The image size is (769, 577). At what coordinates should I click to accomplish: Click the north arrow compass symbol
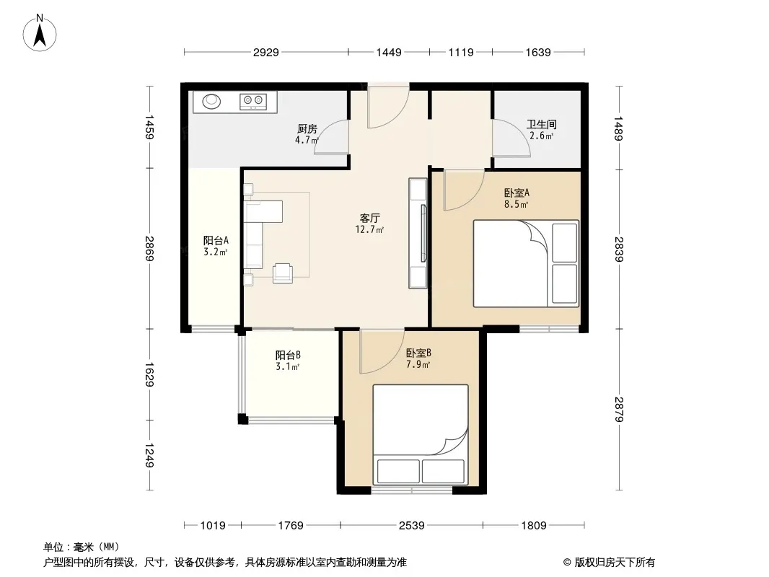pyautogui.click(x=40, y=33)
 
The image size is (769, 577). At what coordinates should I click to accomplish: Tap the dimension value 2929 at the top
pyautogui.click(x=265, y=53)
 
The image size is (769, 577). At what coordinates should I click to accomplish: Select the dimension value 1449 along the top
pyautogui.click(x=389, y=53)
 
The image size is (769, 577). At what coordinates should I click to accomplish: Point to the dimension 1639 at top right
pyautogui.click(x=538, y=53)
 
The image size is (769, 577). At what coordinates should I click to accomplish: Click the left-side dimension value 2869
pyautogui.click(x=149, y=249)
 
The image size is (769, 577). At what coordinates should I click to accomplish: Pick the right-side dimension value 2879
pyautogui.click(x=619, y=410)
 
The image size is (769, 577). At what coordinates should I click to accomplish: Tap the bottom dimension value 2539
pyautogui.click(x=411, y=526)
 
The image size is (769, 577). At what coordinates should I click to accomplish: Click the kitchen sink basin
pyautogui.click(x=212, y=101)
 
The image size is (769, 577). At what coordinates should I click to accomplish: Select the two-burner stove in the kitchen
pyautogui.click(x=253, y=102)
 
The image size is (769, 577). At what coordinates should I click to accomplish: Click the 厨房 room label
pyautogui.click(x=307, y=129)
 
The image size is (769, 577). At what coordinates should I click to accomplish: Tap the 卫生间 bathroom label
pyautogui.click(x=542, y=125)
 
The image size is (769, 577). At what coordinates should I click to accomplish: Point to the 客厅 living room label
pyautogui.click(x=370, y=218)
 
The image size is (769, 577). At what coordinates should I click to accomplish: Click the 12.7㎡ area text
pyautogui.click(x=370, y=229)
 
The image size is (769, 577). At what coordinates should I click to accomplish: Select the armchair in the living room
pyautogui.click(x=283, y=273)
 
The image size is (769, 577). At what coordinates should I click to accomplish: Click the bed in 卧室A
pyautogui.click(x=526, y=264)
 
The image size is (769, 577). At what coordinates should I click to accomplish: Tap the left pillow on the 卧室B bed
pyautogui.click(x=398, y=471)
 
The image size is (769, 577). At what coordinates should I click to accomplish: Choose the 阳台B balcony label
pyautogui.click(x=288, y=355)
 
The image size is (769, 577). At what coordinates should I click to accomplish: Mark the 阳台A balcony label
pyautogui.click(x=216, y=241)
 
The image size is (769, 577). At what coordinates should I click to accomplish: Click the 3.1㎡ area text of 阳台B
pyautogui.click(x=288, y=366)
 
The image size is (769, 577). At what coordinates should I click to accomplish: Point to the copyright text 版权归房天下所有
pyautogui.click(x=615, y=563)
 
